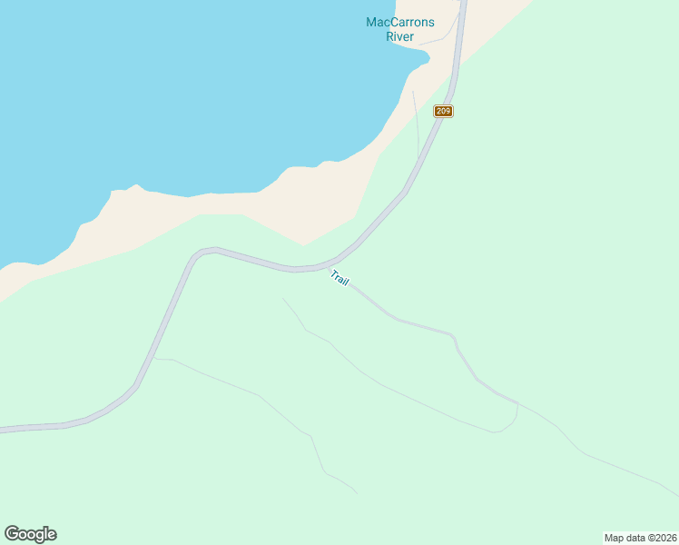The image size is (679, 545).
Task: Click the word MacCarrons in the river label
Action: pos(400,23)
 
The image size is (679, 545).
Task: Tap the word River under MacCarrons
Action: pos(400,37)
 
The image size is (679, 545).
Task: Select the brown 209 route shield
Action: pos(443,111)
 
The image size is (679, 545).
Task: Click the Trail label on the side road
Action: pos(339,279)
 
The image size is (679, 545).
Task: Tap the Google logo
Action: pos(30,534)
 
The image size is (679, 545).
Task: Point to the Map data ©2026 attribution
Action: pos(640,538)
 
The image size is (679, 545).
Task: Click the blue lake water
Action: pos(182,91)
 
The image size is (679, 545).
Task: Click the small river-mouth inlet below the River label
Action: pos(419,57)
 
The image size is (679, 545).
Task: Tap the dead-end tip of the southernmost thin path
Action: pos(357,493)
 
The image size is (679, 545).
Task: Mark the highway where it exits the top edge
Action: pos(462,3)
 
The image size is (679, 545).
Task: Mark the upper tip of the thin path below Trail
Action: pos(282,298)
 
